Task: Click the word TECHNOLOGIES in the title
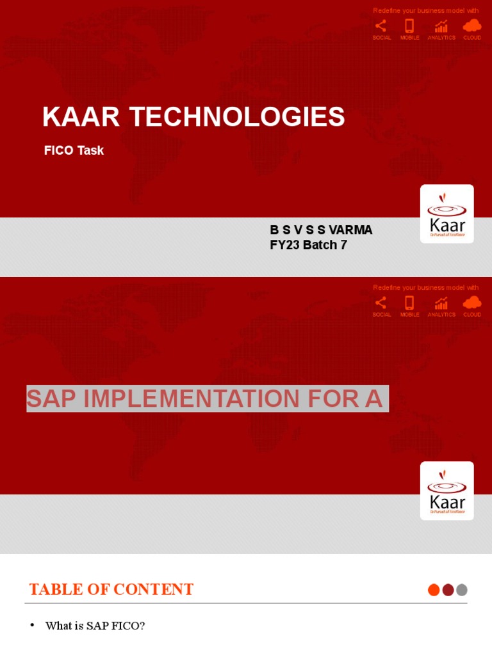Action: pyautogui.click(x=237, y=117)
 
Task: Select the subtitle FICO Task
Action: pyautogui.click(x=74, y=151)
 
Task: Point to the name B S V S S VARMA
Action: pyautogui.click(x=321, y=230)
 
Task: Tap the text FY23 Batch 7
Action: pyautogui.click(x=308, y=245)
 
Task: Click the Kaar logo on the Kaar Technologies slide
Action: pyautogui.click(x=447, y=214)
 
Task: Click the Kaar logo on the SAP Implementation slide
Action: pyautogui.click(x=447, y=491)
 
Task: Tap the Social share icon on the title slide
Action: pyautogui.click(x=381, y=26)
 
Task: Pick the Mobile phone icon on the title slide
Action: pyautogui.click(x=409, y=26)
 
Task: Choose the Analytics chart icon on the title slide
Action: pyautogui.click(x=441, y=26)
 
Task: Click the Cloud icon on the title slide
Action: pyautogui.click(x=472, y=26)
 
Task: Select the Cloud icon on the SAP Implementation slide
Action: pyautogui.click(x=472, y=303)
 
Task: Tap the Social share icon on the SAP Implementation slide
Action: pyautogui.click(x=381, y=303)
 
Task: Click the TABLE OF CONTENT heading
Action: pyautogui.click(x=111, y=590)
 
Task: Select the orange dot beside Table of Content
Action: pyautogui.click(x=434, y=590)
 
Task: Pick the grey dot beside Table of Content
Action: pyautogui.click(x=462, y=590)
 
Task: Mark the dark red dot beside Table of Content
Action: pyautogui.click(x=448, y=590)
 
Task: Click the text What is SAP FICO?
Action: pyautogui.click(x=95, y=626)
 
